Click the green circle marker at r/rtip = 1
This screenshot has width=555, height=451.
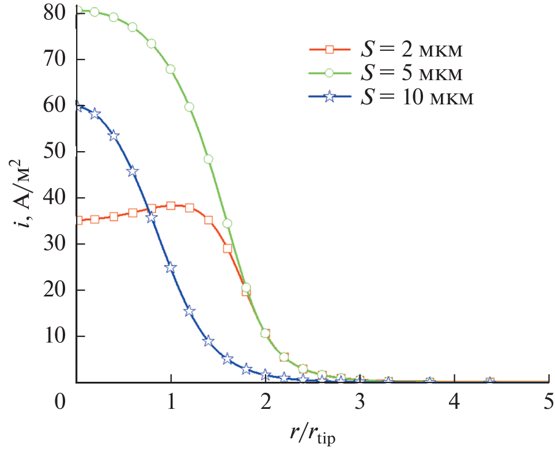click(x=171, y=69)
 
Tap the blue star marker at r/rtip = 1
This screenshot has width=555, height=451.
click(x=171, y=267)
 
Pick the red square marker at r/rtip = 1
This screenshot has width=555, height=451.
click(x=171, y=205)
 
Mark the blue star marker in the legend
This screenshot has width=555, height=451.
click(x=329, y=97)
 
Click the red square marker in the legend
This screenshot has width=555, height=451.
click(x=329, y=50)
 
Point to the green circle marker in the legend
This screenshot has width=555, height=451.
click(x=329, y=74)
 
